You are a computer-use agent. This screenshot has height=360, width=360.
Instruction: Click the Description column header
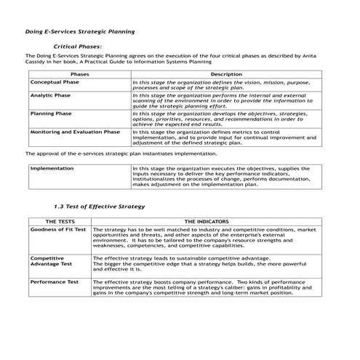click(x=226, y=75)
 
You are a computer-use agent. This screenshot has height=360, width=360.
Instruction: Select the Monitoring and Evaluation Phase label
click(x=75, y=132)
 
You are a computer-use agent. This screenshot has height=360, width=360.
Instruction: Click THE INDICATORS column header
click(x=207, y=221)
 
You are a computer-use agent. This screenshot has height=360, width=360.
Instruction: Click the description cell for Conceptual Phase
click(x=225, y=86)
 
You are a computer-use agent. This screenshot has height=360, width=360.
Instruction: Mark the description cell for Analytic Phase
click(x=225, y=101)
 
